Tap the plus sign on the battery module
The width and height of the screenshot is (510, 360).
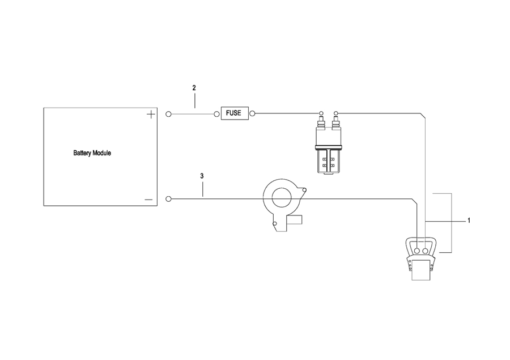[151, 115]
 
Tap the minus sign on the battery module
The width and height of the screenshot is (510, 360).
[149, 199]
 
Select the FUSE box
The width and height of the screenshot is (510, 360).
[233, 113]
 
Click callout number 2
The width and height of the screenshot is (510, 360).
[194, 88]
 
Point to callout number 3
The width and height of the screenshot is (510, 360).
[202, 176]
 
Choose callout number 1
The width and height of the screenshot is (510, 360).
[469, 220]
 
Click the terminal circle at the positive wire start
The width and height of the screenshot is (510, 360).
[168, 114]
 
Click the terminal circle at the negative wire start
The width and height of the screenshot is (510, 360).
[168, 199]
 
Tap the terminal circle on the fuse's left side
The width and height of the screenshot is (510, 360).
[216, 114]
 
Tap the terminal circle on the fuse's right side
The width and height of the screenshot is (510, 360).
[252, 114]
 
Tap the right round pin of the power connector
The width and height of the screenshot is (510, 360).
[426, 250]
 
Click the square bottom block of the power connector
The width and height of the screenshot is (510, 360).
[420, 270]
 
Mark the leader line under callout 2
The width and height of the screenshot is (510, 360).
[194, 100]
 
